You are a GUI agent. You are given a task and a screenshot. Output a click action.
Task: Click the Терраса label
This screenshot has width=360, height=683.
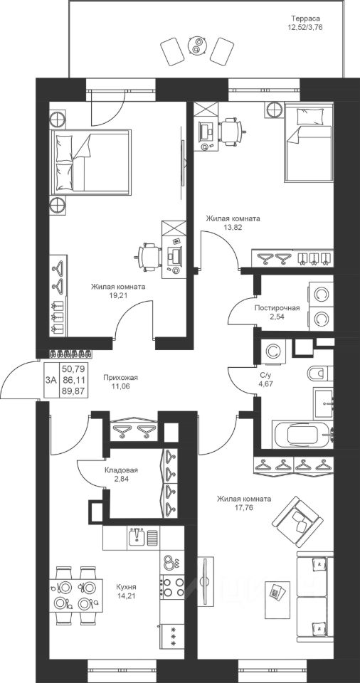pyautogui.click(x=305, y=18)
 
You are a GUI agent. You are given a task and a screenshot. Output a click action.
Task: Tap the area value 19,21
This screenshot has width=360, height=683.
pyautogui.click(x=118, y=295)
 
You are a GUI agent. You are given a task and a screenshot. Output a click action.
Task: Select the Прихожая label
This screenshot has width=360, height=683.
pyautogui.click(x=117, y=378)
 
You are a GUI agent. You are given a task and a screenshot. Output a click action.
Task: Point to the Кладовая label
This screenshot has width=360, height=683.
pyautogui.click(x=121, y=470)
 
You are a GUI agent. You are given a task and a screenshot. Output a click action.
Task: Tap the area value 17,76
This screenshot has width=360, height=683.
pyautogui.click(x=245, y=507)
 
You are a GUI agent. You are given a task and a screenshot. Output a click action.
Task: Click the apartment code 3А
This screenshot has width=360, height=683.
pyautogui.click(x=51, y=380)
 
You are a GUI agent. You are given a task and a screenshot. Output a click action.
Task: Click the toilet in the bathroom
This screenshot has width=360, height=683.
pyautogui.click(x=320, y=374)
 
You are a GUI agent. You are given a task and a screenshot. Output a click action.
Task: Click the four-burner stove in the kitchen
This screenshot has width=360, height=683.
pyautogui.click(x=173, y=586)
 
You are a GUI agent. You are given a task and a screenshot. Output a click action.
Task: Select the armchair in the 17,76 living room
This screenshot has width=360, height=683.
pyautogui.click(x=299, y=522)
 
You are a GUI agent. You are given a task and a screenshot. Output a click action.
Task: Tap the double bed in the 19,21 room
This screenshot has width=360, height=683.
pyautogui.click(x=91, y=162)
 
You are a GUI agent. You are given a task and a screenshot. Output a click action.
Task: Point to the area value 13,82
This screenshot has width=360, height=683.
pyautogui.click(x=233, y=227)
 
